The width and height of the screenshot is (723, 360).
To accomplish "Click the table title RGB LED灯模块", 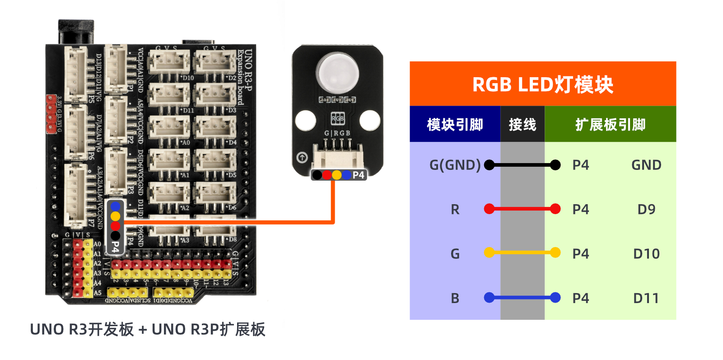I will [x=542, y=84].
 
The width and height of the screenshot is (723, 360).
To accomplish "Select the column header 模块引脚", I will [x=455, y=124].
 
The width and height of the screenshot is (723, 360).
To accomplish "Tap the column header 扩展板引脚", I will [x=610, y=124].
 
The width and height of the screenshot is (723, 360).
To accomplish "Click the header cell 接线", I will [x=522, y=124].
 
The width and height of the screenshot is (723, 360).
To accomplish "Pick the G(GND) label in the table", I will [x=455, y=165].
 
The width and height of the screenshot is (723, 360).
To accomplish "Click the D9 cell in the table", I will [x=646, y=209].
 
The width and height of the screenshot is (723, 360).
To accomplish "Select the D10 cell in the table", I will [x=646, y=253].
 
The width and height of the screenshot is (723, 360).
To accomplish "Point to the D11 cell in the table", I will [x=646, y=298].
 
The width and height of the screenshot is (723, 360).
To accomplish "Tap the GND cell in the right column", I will [x=646, y=165].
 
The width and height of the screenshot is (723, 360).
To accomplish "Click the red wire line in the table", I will [x=522, y=209].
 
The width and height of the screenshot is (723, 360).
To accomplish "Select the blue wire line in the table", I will [x=522, y=298].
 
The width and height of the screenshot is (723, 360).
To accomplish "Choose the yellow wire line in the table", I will [x=522, y=252].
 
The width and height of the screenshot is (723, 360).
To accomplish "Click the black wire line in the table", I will [x=522, y=165].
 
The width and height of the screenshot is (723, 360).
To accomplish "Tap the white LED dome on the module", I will [x=338, y=72].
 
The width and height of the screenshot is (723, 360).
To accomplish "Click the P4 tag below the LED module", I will [x=358, y=175].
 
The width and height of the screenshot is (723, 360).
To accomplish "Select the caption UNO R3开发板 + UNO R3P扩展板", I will [x=147, y=329].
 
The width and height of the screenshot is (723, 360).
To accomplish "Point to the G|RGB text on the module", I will [x=337, y=133].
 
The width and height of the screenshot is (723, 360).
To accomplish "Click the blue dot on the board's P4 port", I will [x=115, y=207].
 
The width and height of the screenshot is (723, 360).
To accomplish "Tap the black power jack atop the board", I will [x=76, y=31].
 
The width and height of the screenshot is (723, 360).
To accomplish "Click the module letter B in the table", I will [x=455, y=298].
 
